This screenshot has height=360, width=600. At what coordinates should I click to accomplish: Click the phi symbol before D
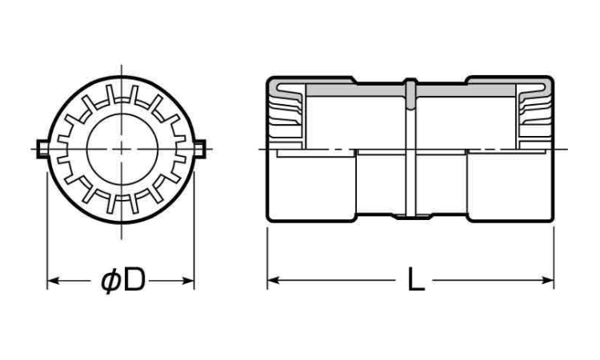point(111,281)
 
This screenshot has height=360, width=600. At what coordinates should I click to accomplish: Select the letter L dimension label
point(415,280)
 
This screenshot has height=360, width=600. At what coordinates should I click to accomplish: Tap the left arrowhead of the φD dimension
point(53,281)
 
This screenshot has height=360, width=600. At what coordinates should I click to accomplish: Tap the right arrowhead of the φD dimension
point(188,281)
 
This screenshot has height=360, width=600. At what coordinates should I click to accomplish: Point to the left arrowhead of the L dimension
point(274,281)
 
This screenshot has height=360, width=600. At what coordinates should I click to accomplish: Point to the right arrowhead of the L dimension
point(547,281)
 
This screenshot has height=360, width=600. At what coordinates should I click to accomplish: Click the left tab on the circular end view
point(42,149)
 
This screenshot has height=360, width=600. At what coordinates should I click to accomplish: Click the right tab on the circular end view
point(200,149)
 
